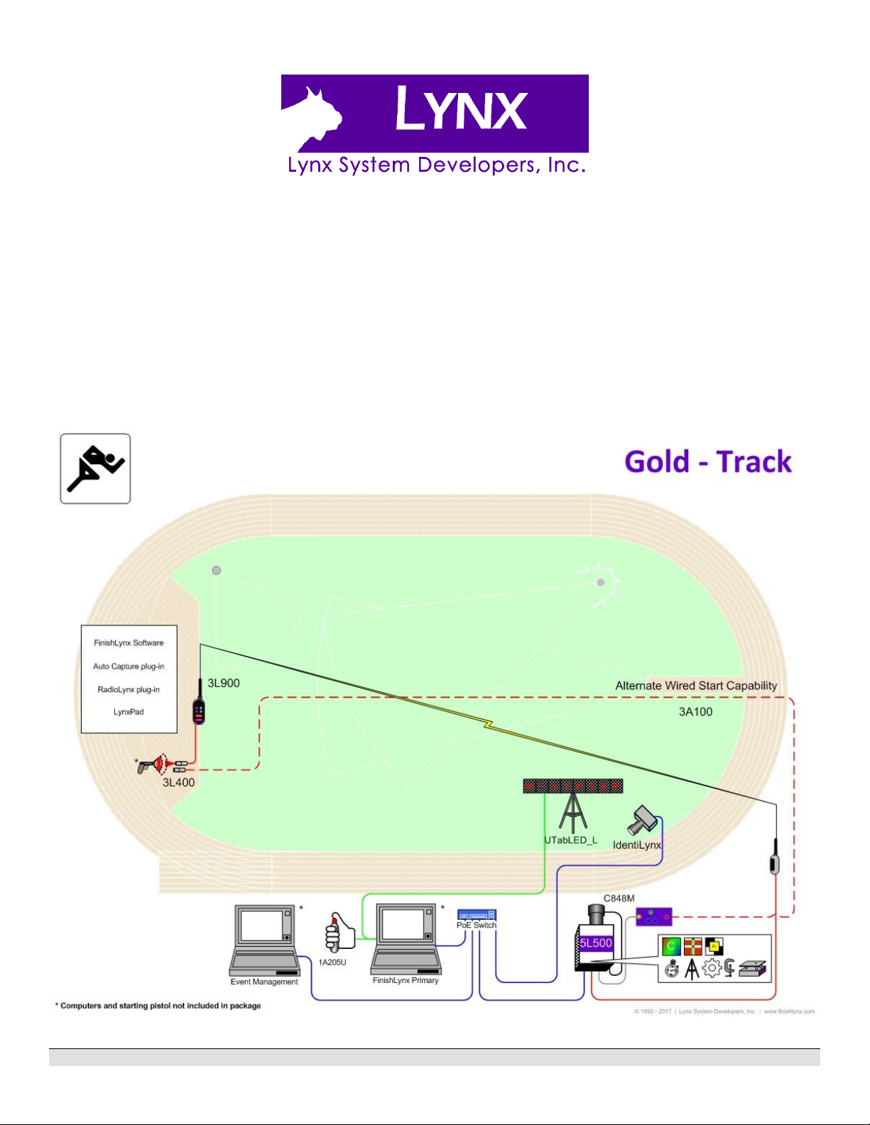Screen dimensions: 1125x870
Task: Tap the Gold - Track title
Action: click(707, 462)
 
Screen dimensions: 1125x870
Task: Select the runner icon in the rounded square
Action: click(95, 468)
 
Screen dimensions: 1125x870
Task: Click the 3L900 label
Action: click(224, 683)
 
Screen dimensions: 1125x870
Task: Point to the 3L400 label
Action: click(178, 782)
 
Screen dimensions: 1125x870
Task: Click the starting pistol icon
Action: click(146, 767)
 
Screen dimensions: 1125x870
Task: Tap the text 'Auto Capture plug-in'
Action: click(129, 666)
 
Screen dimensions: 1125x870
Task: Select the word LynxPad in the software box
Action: click(129, 712)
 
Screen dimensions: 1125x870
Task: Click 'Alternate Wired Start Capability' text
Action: click(696, 686)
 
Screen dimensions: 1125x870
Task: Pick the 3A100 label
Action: click(695, 712)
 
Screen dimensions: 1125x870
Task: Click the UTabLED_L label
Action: click(570, 840)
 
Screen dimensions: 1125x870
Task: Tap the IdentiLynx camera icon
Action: click(643, 820)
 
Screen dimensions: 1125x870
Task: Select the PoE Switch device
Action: click(477, 916)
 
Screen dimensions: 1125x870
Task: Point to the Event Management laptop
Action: click(263, 940)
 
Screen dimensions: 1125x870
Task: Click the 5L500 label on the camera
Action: click(596, 943)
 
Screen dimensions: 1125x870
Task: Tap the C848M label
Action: click(619, 899)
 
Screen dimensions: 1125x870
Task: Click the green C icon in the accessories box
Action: click(671, 946)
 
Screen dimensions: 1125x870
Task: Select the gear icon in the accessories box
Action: click(711, 968)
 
